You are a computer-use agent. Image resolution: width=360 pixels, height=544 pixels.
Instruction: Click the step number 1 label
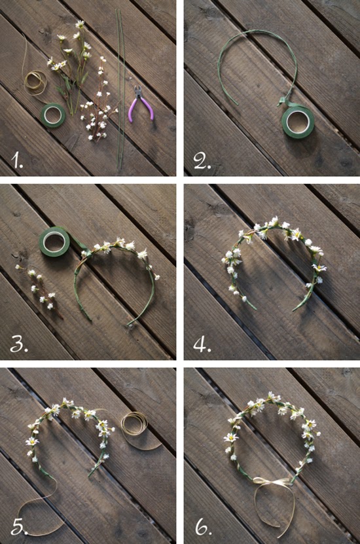pyautogui.click(x=16, y=160)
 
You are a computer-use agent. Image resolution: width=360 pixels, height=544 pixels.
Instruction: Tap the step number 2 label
pyautogui.click(x=202, y=161)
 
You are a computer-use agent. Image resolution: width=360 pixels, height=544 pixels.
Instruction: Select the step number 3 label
pyautogui.click(x=19, y=344)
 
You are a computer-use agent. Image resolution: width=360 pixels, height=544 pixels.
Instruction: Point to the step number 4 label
pyautogui.click(x=202, y=344)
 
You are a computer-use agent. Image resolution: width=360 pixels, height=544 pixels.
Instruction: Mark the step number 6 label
pyautogui.click(x=204, y=527)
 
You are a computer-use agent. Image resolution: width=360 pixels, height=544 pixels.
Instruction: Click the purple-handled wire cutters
pyautogui.click(x=141, y=103)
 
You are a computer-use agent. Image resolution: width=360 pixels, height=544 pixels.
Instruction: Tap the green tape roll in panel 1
pyautogui.click(x=53, y=115)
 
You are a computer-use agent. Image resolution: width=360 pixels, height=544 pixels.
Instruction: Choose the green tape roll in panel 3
pyautogui.click(x=54, y=242)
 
